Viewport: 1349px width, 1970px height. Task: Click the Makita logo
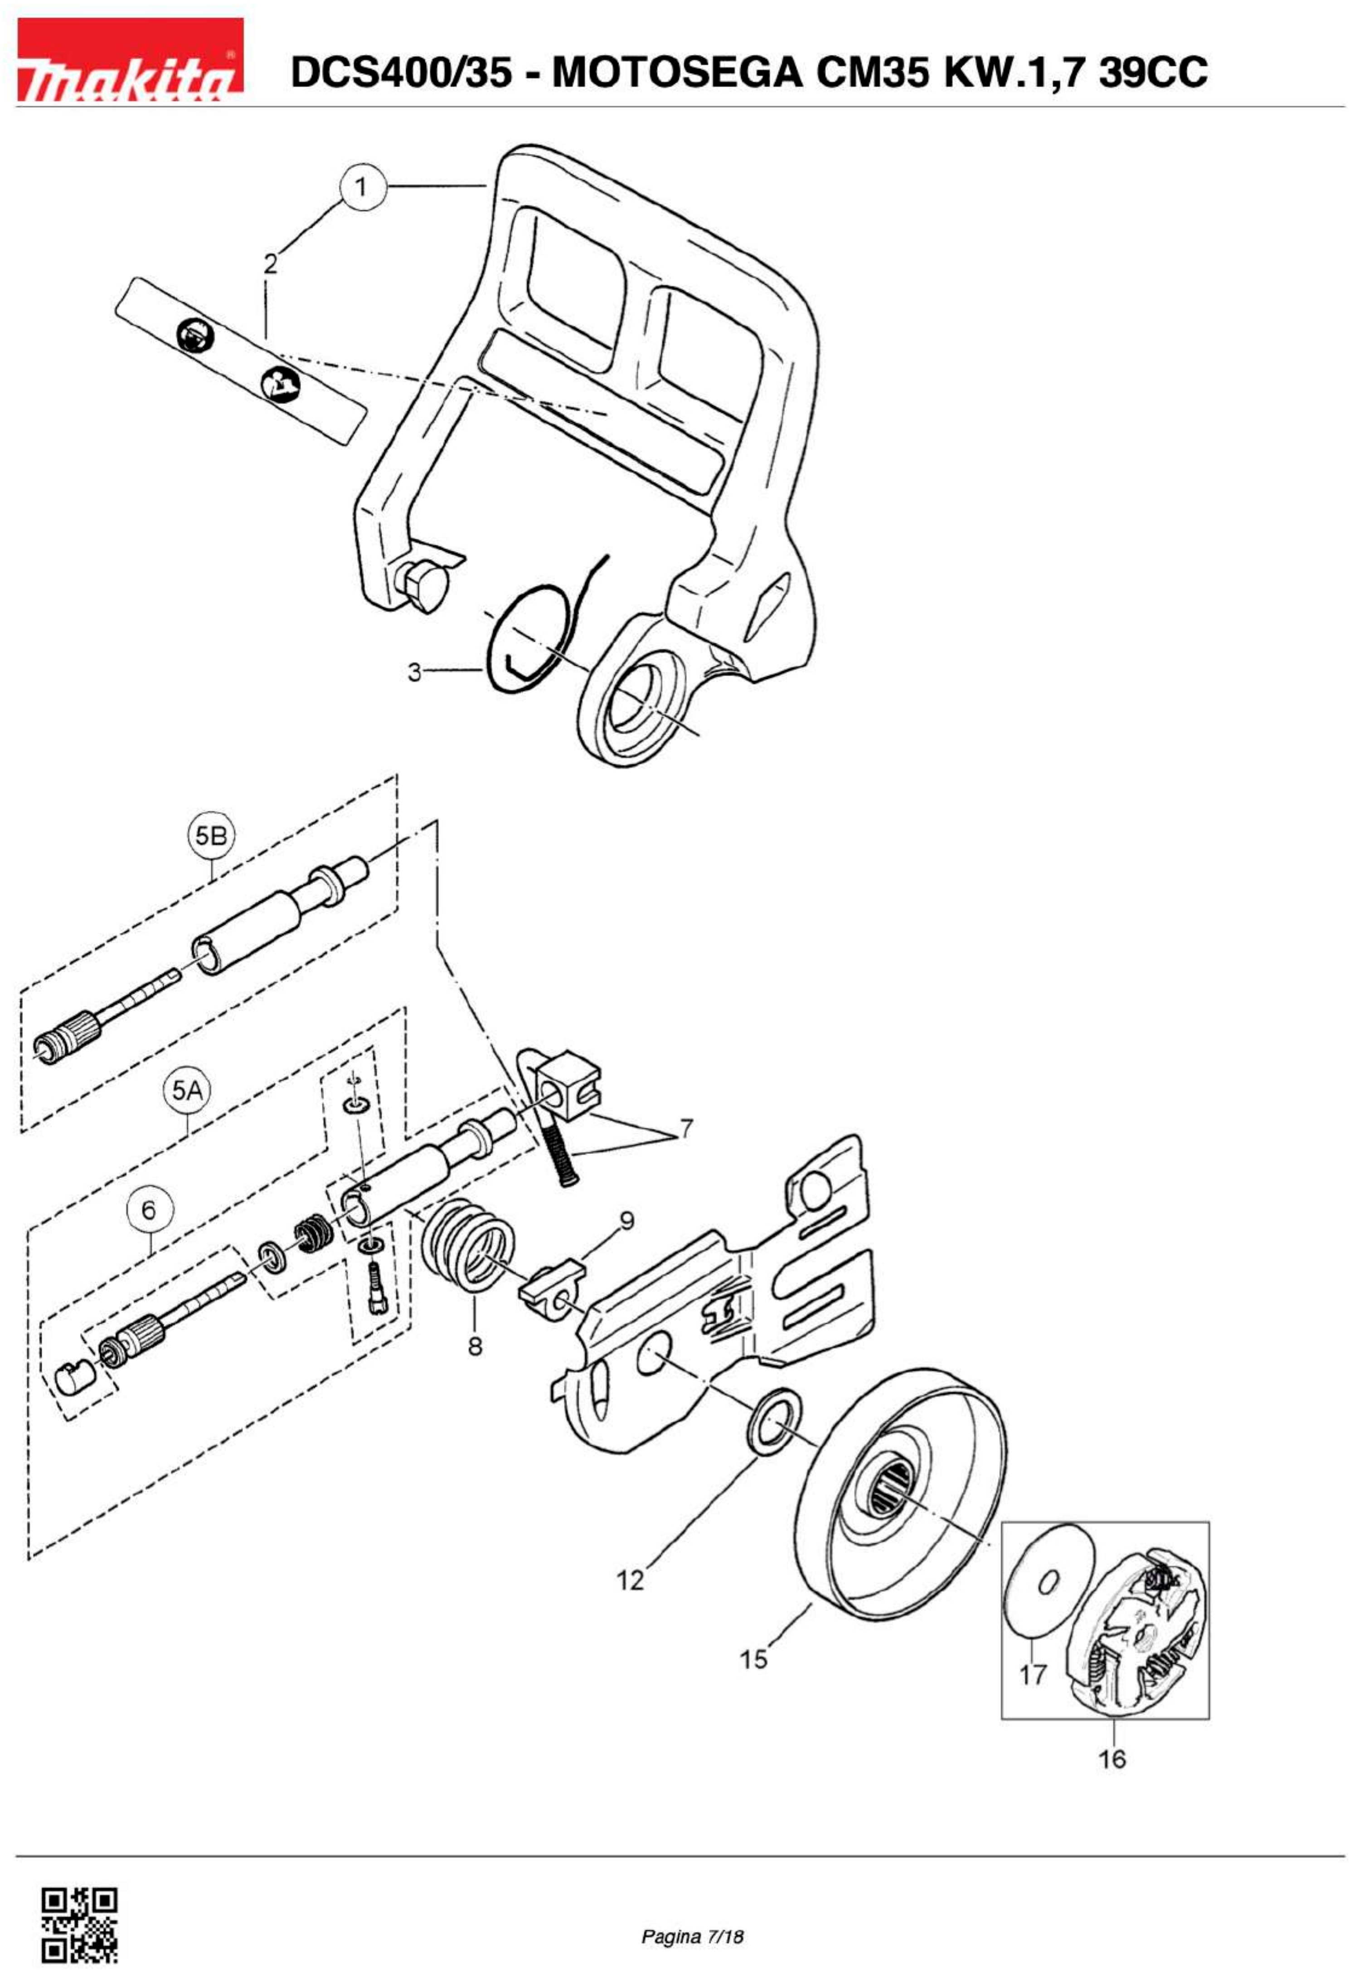pos(131,61)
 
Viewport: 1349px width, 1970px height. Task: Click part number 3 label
pos(413,672)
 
